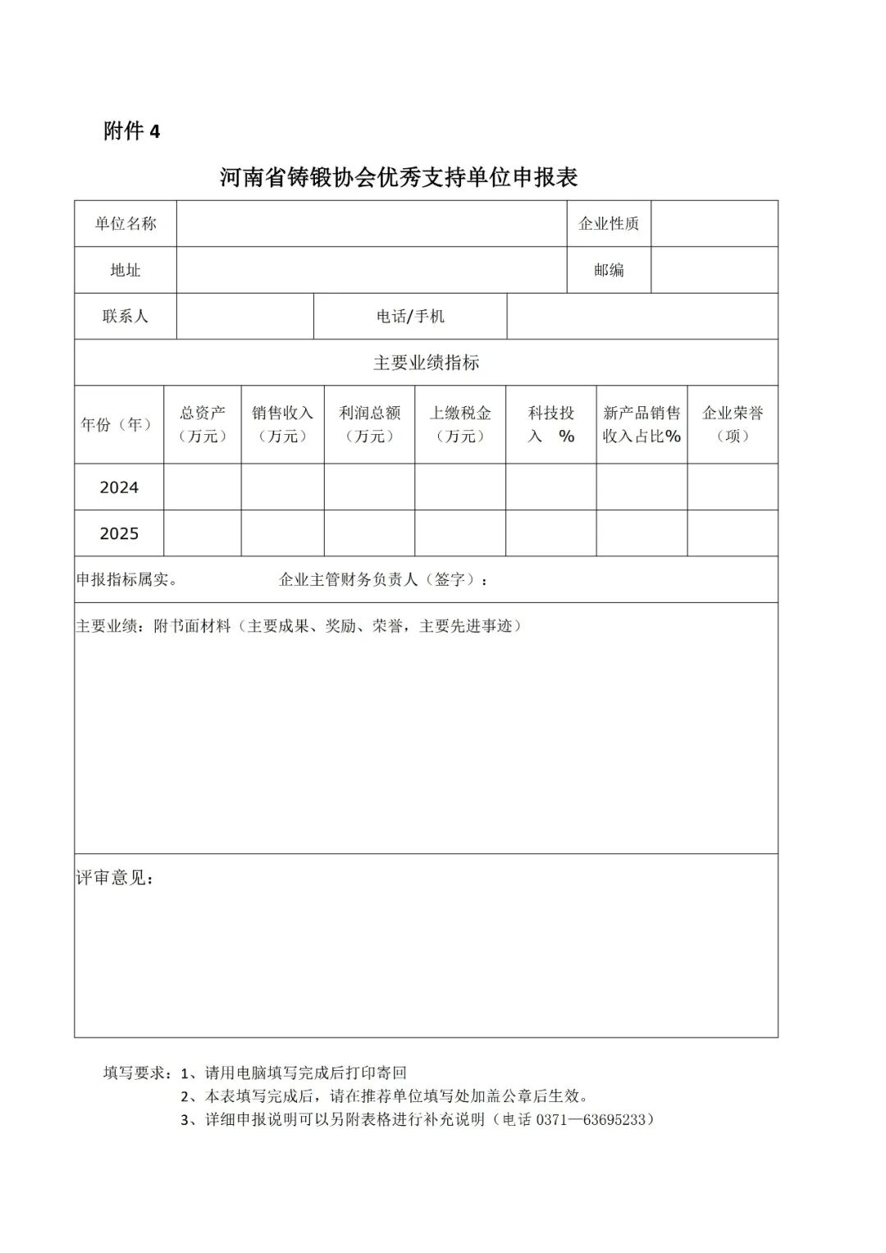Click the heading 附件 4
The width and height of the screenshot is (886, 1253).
tap(132, 131)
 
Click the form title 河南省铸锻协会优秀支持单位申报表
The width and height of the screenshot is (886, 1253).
tap(399, 177)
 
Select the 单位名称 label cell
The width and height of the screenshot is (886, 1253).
tap(126, 224)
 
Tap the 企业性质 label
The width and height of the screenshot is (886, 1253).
tap(609, 224)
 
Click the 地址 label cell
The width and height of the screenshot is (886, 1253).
tap(126, 270)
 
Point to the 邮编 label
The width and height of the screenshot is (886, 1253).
tap(609, 270)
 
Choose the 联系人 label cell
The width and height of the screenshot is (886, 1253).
tap(126, 317)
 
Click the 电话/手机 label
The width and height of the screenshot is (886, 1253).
tap(410, 317)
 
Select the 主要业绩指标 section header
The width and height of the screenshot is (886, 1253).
tap(426, 363)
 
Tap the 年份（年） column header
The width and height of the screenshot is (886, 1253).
tap(119, 425)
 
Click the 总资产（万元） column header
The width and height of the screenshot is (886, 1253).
tap(203, 425)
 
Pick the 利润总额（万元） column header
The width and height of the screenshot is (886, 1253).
tap(369, 425)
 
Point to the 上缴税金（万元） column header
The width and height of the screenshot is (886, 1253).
tap(460, 425)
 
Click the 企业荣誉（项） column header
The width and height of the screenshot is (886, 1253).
tap(733, 425)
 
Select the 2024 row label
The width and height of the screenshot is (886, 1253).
tap(119, 487)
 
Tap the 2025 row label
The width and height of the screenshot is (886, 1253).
tap(119, 534)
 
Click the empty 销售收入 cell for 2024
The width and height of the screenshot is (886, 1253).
tap(282, 487)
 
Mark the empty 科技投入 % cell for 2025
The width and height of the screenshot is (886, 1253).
tap(550, 534)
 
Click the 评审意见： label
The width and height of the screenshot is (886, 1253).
tap(115, 878)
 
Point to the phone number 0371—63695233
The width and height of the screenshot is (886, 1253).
tap(591, 1119)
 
